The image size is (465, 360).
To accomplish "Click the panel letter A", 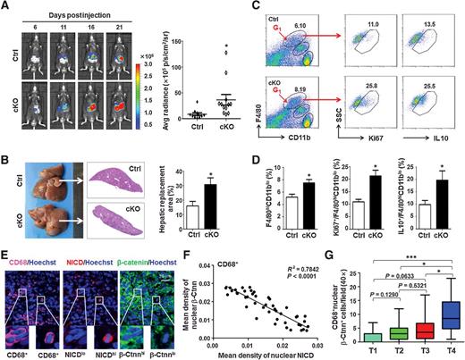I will click(x=7, y=7).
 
